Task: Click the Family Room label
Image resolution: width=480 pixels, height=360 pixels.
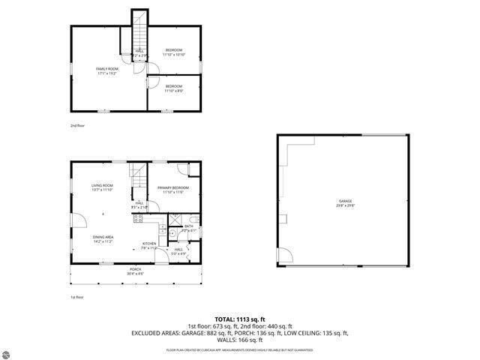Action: [x=108, y=70]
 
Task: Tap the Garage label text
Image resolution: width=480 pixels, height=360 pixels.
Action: [x=345, y=202]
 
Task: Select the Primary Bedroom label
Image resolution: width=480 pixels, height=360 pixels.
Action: [x=173, y=190]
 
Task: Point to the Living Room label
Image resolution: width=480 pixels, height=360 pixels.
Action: [x=102, y=187]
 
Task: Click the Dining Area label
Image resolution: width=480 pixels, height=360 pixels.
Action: [x=103, y=240]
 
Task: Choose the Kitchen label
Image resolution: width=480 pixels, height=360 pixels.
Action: [x=149, y=244]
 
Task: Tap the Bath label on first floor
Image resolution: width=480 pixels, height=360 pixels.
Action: [x=189, y=228]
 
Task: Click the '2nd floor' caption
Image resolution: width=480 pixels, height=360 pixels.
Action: [x=77, y=125]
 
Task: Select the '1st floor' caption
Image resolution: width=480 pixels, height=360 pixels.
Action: [x=77, y=297]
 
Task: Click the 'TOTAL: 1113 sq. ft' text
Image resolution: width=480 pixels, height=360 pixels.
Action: [x=240, y=319]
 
